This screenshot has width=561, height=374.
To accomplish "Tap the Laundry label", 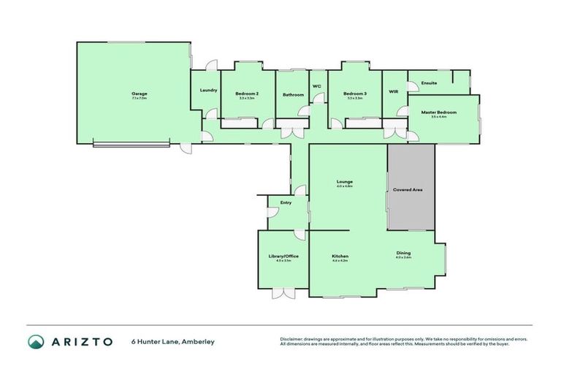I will pos(208,90).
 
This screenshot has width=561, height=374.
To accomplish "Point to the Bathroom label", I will pos(293,94).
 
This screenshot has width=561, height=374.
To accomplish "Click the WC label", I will pos(317,86).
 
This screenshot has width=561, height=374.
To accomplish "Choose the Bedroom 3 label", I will pos(355,93).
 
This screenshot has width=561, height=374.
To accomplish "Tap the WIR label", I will pos(394,91).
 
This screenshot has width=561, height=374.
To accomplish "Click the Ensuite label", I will pos(430,83).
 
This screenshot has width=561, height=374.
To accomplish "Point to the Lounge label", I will pos(345,181).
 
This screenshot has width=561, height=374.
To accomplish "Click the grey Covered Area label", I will pos(408,189).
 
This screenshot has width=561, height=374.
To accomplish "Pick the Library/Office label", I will pos(283,256).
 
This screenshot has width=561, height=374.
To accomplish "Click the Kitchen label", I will pos(340,256).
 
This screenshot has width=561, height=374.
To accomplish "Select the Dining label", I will pos(403,253).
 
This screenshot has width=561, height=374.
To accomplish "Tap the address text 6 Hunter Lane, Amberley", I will pos(173,341).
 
